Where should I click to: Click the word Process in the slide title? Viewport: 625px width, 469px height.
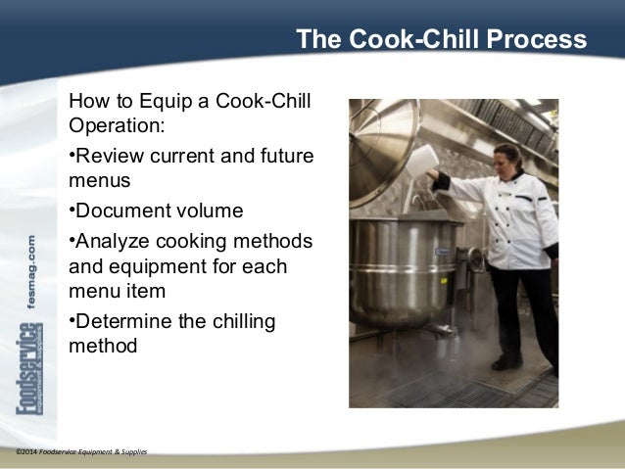click(x=538, y=40)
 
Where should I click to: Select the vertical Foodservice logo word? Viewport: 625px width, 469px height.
click(x=28, y=382)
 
